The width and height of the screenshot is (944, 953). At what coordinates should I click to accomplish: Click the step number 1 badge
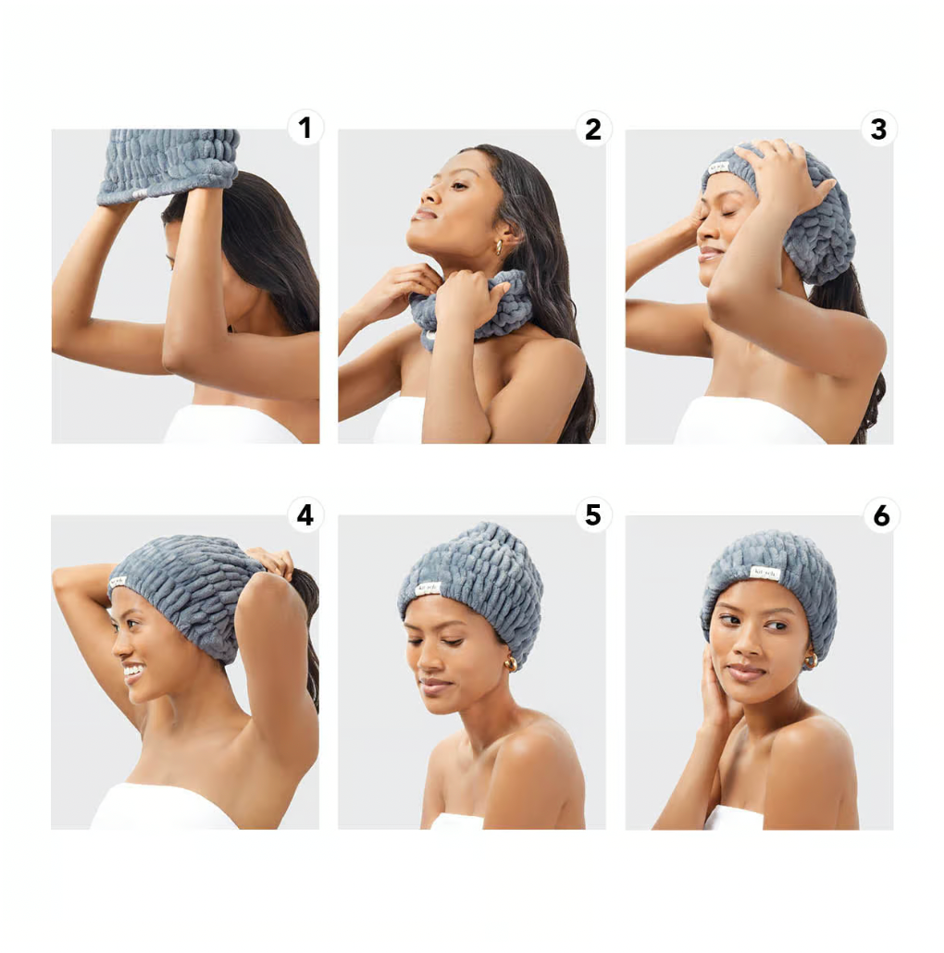click(x=305, y=128)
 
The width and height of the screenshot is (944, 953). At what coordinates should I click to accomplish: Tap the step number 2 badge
click(x=592, y=129)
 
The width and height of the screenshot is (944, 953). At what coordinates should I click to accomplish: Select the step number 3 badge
click(x=878, y=129)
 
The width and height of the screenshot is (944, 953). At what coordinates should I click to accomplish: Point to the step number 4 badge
click(x=304, y=514)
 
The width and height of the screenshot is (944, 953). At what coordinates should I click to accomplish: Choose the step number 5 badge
click(x=592, y=514)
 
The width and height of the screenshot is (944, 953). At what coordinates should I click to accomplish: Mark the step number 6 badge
click(x=881, y=515)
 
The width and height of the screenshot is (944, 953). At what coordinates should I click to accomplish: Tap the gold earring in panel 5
click(x=509, y=663)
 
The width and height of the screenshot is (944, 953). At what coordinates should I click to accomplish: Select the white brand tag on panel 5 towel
click(x=427, y=587)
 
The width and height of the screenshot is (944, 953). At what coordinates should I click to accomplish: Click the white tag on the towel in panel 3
click(x=719, y=167)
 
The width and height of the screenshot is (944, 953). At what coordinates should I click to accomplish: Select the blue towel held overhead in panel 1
click(x=168, y=163)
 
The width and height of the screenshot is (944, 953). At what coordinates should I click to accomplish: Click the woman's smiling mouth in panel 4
click(x=132, y=671)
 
